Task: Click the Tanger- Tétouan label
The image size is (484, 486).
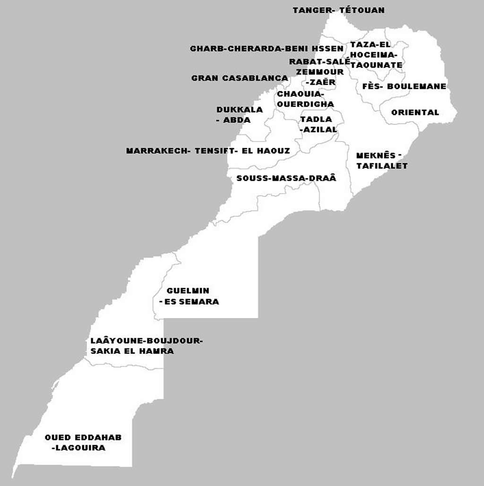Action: (x=338, y=10)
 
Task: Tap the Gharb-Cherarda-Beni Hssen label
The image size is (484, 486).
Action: (x=267, y=49)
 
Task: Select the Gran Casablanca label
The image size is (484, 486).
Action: (x=240, y=78)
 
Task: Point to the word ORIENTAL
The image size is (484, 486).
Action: (x=415, y=113)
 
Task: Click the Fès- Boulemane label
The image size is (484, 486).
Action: (x=404, y=87)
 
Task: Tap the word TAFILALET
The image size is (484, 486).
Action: (x=382, y=166)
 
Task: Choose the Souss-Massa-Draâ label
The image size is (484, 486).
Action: (x=286, y=178)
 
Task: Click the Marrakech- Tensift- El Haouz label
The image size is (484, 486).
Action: (x=208, y=151)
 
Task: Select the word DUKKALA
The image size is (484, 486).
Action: (x=240, y=110)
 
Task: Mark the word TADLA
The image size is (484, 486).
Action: (x=316, y=119)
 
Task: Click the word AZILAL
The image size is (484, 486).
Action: (x=320, y=129)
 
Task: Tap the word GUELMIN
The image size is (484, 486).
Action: (x=188, y=291)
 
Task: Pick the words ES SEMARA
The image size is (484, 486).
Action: (x=192, y=301)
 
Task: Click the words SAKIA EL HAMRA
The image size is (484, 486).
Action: (x=132, y=351)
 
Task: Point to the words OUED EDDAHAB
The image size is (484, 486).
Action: (x=83, y=437)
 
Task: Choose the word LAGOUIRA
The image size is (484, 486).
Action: (x=80, y=448)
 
